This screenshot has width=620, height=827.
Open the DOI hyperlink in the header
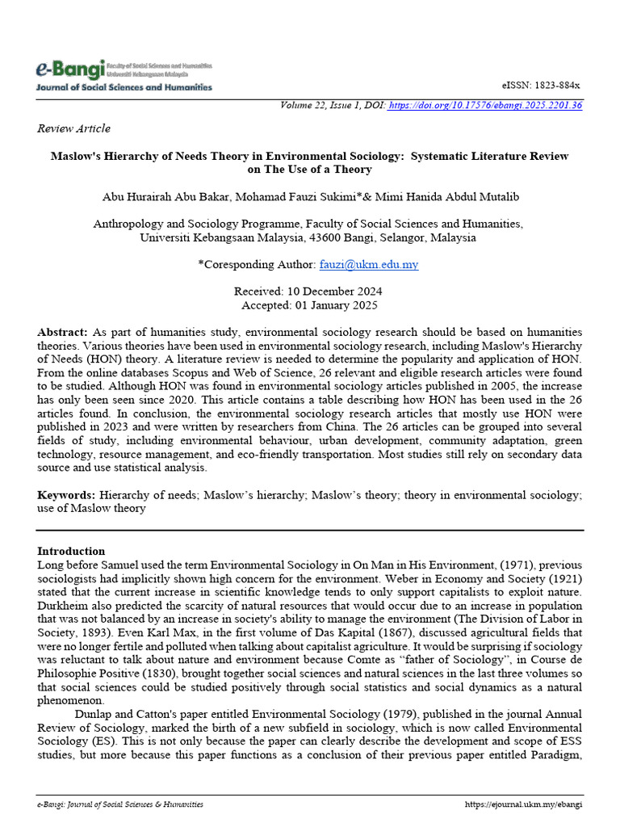tap(485, 105)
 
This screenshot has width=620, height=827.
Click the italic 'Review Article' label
tap(73, 128)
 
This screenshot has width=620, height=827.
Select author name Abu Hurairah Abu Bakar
tap(163, 197)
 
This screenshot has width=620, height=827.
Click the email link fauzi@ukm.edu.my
tap(369, 264)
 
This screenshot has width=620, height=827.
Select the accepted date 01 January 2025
tap(340, 305)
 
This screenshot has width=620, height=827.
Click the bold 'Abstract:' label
tap(63, 333)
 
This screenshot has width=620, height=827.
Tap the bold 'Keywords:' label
tap(66, 493)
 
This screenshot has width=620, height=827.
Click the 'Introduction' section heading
tap(71, 551)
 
